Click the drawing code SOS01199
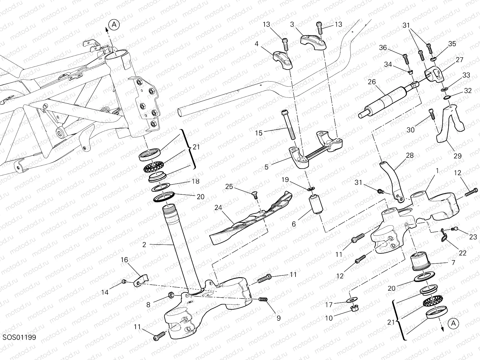(x=19, y=337)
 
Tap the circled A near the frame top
(x=114, y=25)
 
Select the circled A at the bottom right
(x=454, y=323)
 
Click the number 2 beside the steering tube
(x=144, y=245)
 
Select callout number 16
(x=124, y=260)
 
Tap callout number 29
(x=458, y=156)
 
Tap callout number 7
(x=453, y=263)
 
